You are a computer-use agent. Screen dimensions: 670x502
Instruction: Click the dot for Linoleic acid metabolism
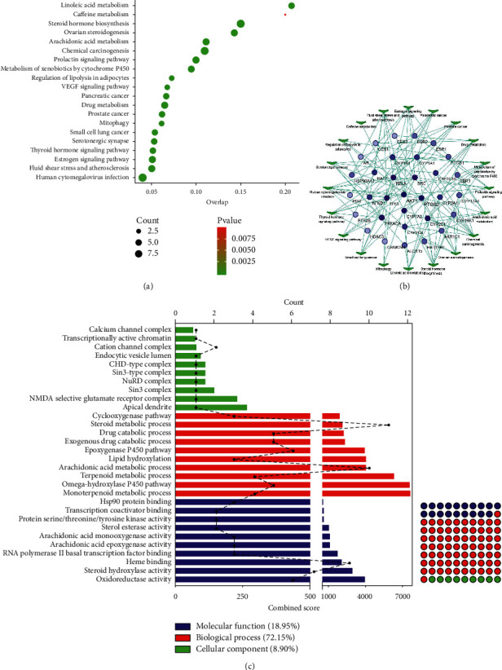291,6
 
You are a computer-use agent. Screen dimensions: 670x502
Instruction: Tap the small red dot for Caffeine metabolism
284,15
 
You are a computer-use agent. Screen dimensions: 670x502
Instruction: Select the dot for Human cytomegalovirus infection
143,178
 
